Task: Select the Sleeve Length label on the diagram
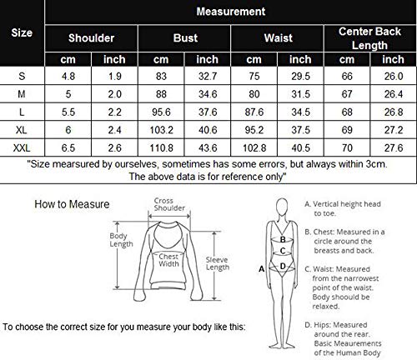pos(217,264)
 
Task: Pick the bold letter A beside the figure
pos(263,270)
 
